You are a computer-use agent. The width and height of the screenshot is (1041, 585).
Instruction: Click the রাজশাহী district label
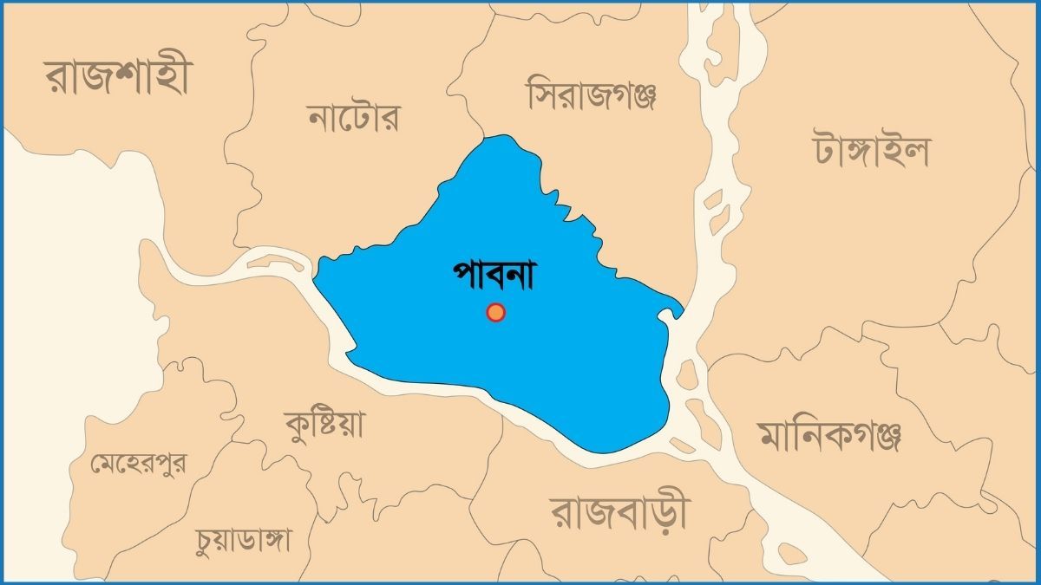click(119, 78)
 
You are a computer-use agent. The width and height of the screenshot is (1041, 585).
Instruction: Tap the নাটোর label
click(354, 117)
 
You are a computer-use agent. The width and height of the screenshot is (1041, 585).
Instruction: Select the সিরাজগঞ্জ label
click(592, 95)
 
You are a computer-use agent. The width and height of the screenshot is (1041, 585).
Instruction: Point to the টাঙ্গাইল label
click(871, 149)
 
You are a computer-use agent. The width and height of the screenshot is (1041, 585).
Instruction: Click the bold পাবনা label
click(495, 275)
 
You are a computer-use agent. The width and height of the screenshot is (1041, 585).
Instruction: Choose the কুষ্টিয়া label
click(325, 425)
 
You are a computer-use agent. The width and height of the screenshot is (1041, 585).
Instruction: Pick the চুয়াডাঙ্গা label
click(244, 539)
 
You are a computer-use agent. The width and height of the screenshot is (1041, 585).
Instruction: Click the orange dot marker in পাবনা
click(495, 312)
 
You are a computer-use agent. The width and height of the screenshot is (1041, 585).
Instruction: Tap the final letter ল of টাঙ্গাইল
click(916, 151)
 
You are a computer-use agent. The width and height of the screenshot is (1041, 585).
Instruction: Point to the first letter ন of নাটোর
click(319, 118)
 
